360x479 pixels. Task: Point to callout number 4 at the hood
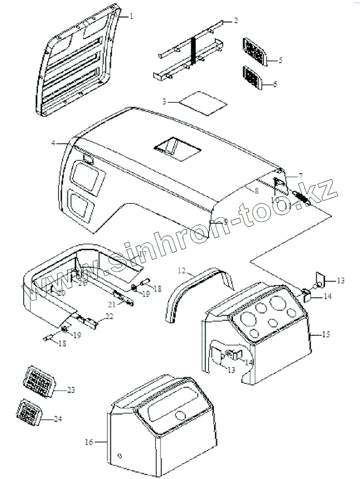click(x=54, y=143)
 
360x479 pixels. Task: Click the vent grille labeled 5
click(x=255, y=50)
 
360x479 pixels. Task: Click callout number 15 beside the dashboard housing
click(x=325, y=334)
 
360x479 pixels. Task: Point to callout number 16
click(x=89, y=442)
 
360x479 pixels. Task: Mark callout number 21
click(x=111, y=305)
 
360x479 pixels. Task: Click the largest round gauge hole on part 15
click(x=276, y=305)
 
